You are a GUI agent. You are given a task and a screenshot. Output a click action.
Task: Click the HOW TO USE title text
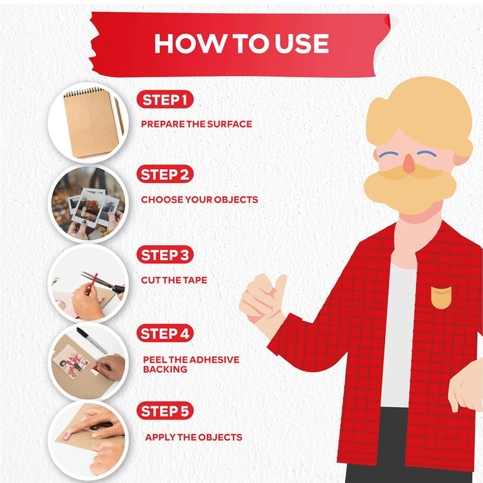[241, 43]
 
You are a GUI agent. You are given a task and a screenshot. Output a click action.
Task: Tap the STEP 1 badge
[165, 99]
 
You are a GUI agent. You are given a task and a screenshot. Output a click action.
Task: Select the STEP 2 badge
[165, 175]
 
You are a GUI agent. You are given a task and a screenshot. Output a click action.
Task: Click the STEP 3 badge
[165, 255]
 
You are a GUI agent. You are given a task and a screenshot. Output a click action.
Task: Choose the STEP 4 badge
[165, 333]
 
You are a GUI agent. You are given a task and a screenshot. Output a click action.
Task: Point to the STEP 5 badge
[165, 411]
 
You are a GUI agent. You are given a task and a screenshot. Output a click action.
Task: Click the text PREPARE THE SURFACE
[197, 124]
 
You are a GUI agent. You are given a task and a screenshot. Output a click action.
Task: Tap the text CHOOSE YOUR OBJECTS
[199, 199]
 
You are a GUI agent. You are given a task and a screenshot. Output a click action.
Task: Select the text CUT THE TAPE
[174, 280]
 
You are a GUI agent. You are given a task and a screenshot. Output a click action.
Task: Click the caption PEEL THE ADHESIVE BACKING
[191, 364]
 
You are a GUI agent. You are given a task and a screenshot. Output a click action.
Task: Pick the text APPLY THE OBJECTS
[193, 437]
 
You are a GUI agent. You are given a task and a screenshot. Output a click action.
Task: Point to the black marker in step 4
[92, 340]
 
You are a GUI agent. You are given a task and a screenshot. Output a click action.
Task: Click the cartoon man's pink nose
[408, 164]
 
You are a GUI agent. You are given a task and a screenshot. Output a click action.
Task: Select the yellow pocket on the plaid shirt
[441, 297]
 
